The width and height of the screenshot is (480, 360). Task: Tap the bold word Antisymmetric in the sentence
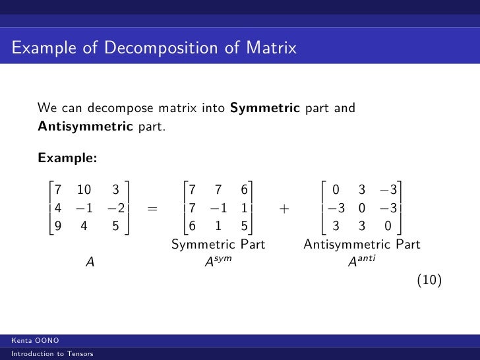click(86, 125)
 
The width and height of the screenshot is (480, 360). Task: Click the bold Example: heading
click(68, 158)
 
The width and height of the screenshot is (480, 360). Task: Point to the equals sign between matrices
click(153, 209)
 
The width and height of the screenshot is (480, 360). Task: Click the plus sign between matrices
click(284, 209)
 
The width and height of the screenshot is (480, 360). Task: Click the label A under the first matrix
click(90, 262)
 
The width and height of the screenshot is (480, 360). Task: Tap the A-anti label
click(361, 261)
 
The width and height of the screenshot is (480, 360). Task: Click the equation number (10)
click(429, 280)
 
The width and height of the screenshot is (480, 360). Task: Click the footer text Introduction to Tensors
click(47, 355)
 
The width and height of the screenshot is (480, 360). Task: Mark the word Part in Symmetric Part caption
click(252, 245)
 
